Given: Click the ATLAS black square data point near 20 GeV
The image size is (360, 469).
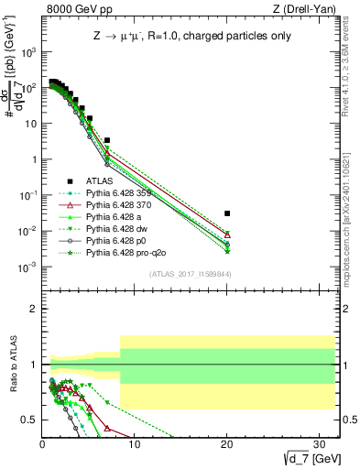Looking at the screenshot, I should click(227, 213).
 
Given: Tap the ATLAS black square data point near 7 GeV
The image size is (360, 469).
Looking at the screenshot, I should click(107, 141).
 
